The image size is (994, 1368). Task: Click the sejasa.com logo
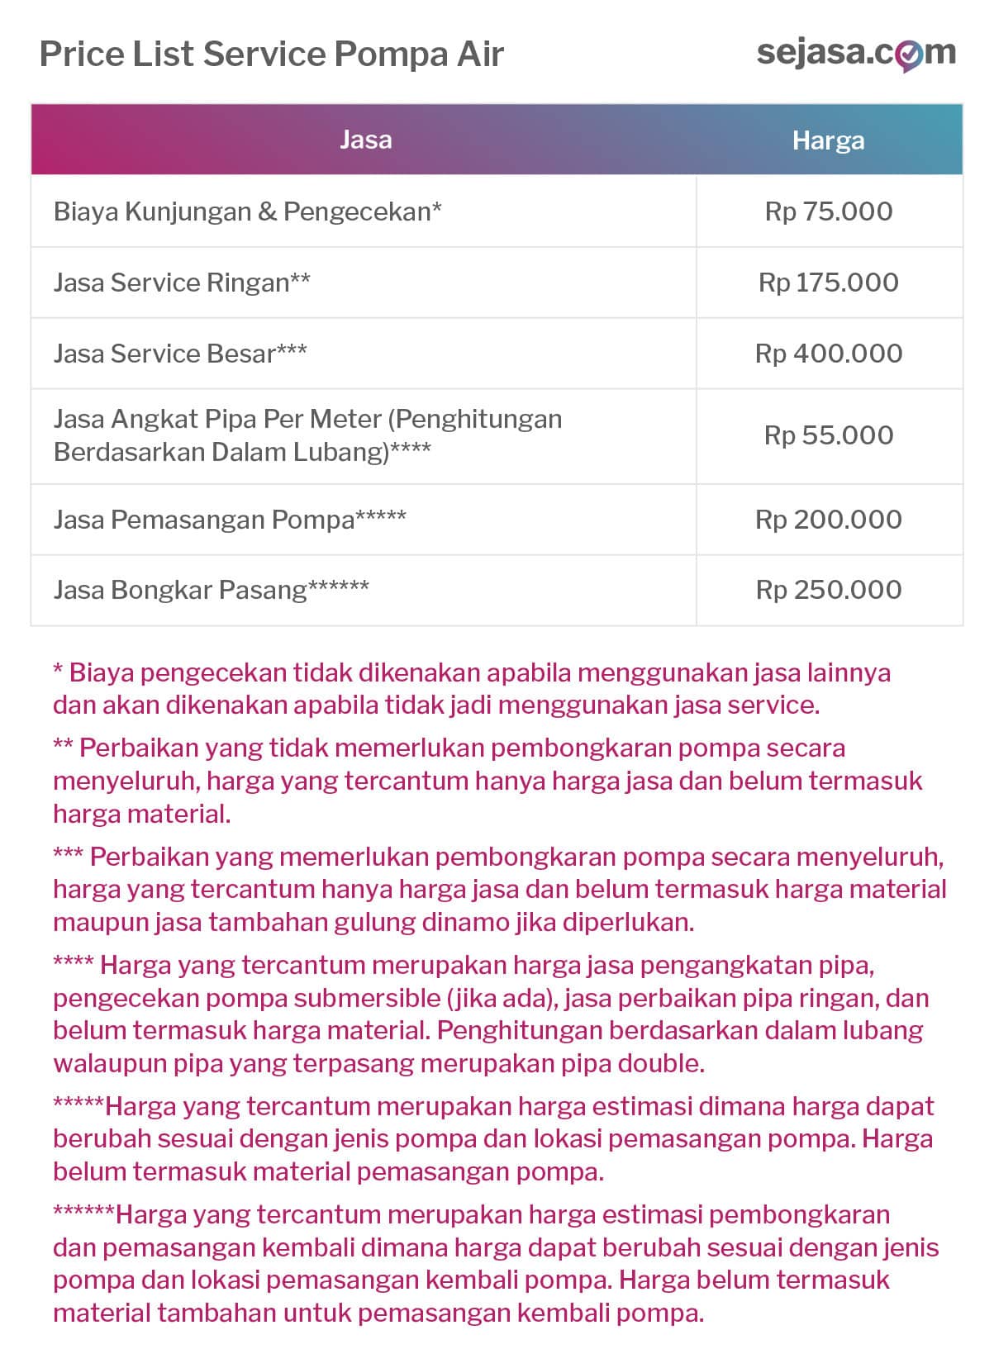click(856, 54)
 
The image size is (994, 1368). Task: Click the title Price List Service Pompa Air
click(271, 55)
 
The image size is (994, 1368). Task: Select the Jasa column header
click(365, 140)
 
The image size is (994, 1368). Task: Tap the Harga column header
click(828, 140)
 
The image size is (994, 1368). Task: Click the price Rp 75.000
click(829, 211)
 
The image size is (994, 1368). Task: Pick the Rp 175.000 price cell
click(829, 283)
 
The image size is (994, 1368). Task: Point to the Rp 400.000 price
click(829, 354)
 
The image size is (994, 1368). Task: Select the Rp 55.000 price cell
click(829, 435)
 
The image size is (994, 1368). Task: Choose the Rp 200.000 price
click(829, 520)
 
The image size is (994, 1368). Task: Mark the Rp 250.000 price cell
click(829, 590)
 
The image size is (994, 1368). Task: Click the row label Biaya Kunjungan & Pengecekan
click(247, 211)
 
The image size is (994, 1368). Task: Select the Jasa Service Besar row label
click(180, 354)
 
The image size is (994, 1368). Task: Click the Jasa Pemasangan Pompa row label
click(230, 520)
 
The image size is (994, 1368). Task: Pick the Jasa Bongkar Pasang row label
click(211, 590)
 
